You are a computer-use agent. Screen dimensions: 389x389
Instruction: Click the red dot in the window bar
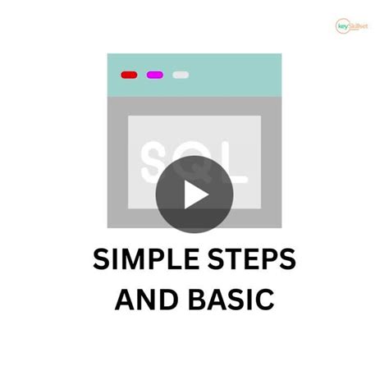pyautogui.click(x=130, y=75)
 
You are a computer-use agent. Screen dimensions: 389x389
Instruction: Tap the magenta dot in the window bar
pyautogui.click(x=155, y=75)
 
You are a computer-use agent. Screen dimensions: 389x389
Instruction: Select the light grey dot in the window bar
pyautogui.click(x=181, y=75)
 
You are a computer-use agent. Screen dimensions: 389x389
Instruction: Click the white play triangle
pyautogui.click(x=195, y=195)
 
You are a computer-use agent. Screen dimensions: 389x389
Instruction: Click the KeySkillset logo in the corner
pyautogui.click(x=355, y=25)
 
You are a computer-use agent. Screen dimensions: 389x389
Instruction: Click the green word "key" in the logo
pyautogui.click(x=344, y=26)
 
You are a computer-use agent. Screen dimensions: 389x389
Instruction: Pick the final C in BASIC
pyautogui.click(x=263, y=300)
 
